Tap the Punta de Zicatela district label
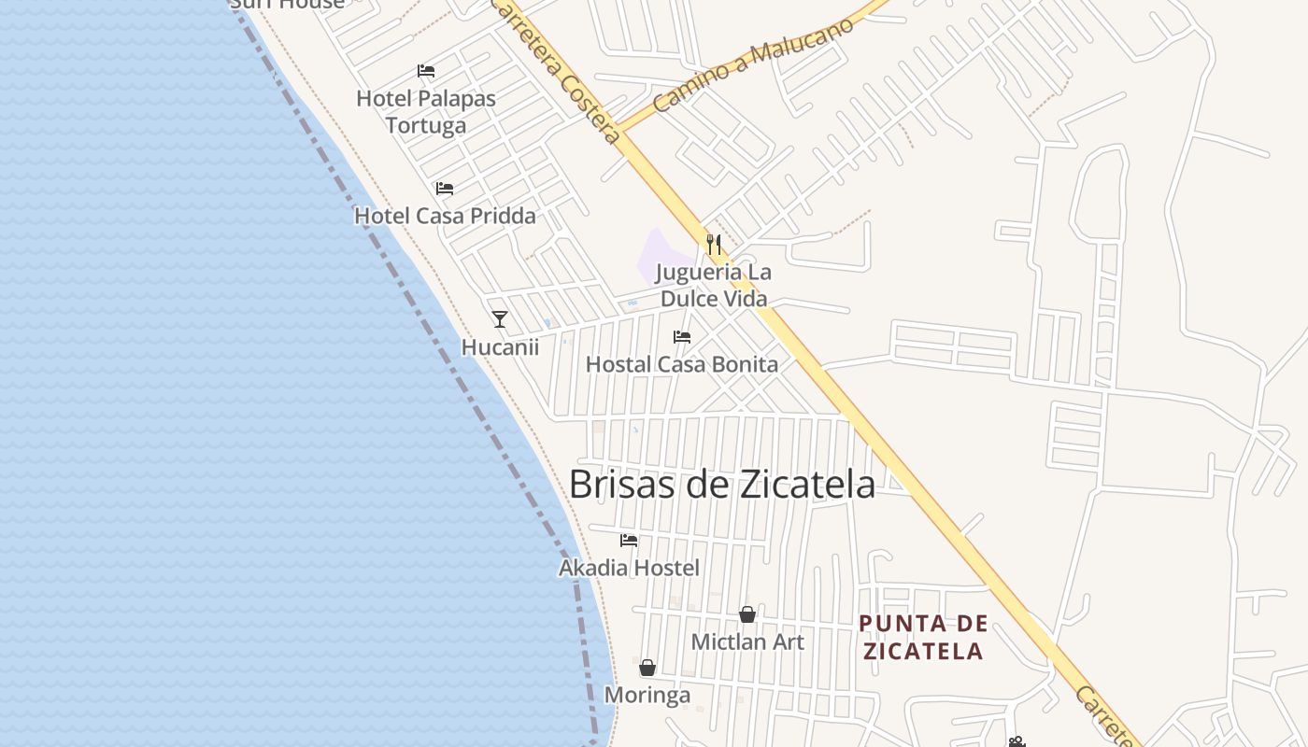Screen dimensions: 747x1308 point(923,637)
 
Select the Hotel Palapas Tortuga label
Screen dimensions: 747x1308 point(426,111)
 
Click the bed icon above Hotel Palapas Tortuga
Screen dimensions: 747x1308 point(426,71)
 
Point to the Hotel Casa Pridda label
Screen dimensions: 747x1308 point(445,216)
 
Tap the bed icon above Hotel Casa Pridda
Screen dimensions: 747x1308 point(445,189)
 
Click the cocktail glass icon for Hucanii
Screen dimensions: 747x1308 point(500,319)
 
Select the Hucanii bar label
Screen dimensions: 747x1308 point(500,347)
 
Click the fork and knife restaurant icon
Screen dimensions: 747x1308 point(714,245)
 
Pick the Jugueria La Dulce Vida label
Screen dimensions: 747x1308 point(714,286)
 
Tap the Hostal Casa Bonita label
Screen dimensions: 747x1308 point(682,364)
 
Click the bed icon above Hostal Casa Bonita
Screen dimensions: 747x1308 point(682,337)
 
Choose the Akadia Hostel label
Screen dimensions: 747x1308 point(629,568)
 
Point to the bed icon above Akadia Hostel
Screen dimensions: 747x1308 point(629,540)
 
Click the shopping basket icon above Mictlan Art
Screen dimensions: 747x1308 point(747,614)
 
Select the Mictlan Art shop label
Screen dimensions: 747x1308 point(747,642)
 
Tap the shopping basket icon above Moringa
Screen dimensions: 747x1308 point(647,668)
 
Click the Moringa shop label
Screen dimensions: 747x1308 point(647,696)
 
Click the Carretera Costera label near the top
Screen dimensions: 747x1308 point(555,71)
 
